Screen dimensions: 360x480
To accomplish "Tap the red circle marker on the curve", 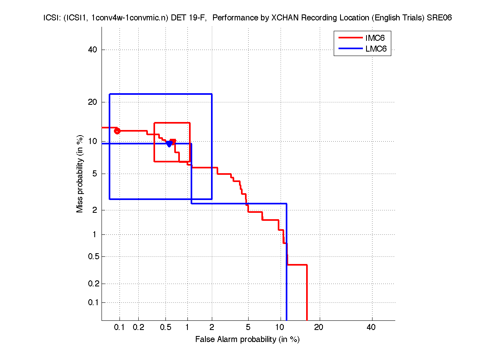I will [117, 131].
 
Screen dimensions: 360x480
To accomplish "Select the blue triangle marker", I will [169, 144].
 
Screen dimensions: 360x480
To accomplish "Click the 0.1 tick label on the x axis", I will [120, 327].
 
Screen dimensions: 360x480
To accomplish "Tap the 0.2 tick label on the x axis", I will [138, 327].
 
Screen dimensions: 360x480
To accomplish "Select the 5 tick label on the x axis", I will [248, 327].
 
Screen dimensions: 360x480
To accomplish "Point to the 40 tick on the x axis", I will [371, 327].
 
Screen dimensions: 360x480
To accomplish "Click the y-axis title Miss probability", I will [80, 174].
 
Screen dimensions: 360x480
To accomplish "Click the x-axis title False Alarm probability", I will [247, 340].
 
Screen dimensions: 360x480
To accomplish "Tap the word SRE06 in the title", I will [441, 18].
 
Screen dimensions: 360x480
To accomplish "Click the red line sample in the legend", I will [350, 38].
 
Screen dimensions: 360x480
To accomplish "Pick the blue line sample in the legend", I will [350, 50].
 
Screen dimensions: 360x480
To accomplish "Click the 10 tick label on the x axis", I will [280, 327].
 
